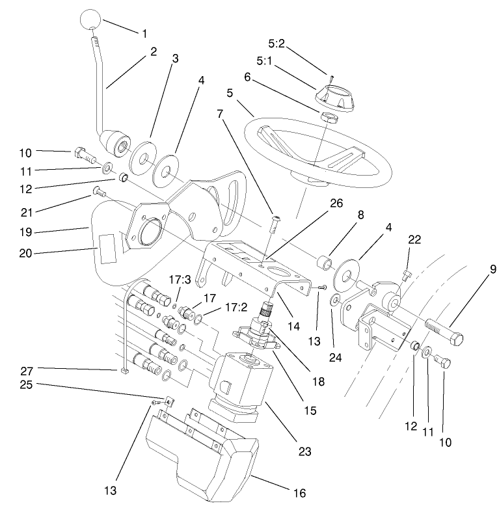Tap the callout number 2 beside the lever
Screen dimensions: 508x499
pyautogui.click(x=154, y=51)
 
